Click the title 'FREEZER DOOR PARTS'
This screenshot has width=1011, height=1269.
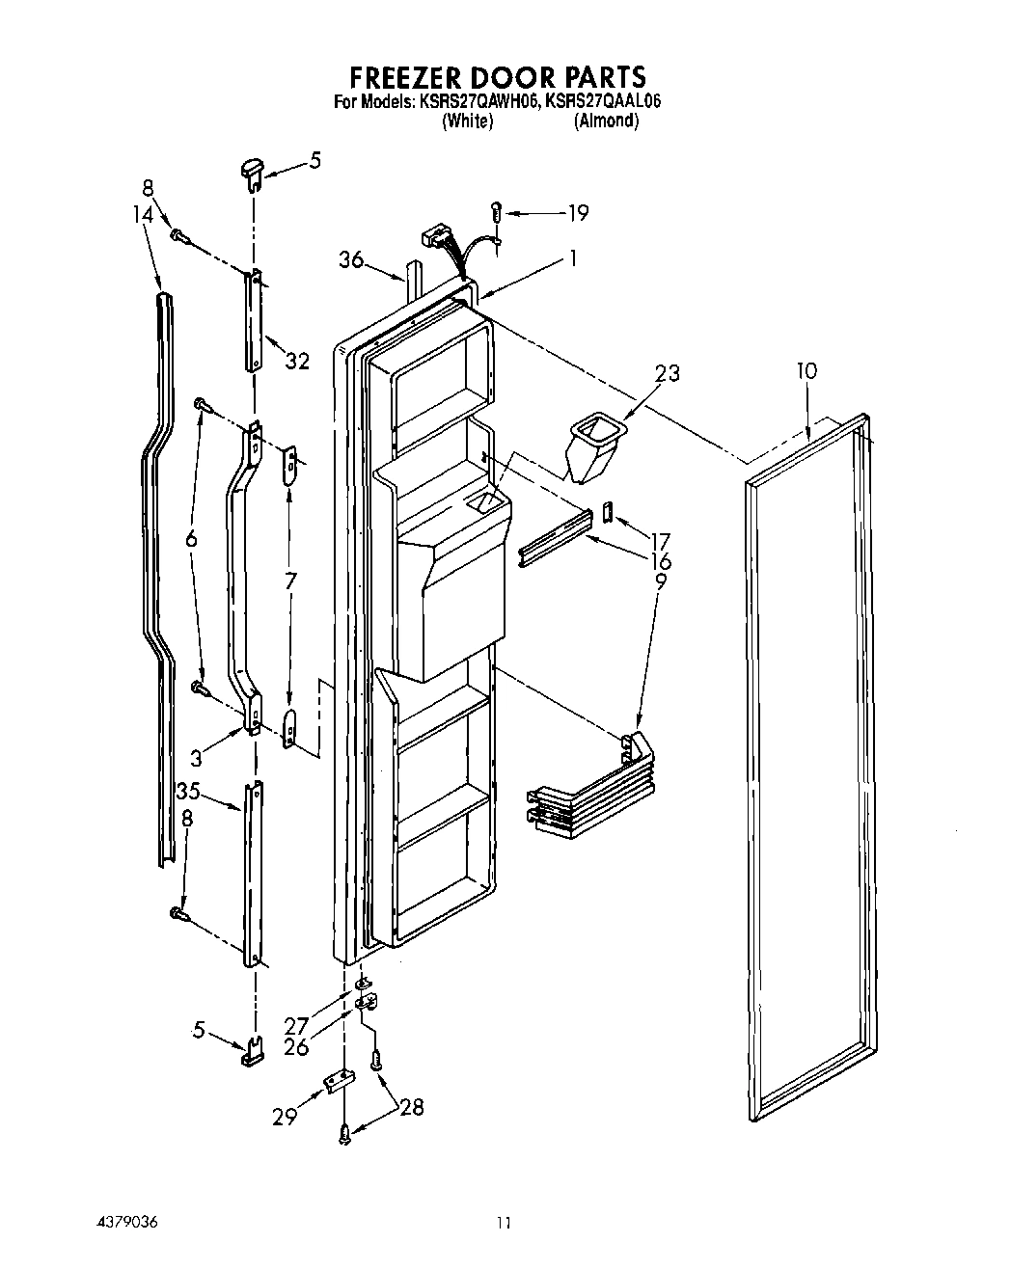(x=497, y=76)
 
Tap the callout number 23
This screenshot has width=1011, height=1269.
(x=667, y=372)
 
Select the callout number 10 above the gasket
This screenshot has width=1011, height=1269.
(x=806, y=371)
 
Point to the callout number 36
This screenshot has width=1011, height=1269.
(x=351, y=259)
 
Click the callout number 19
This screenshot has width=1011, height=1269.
(x=578, y=213)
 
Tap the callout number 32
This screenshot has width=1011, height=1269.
(x=297, y=361)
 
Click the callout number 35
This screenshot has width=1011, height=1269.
(x=188, y=792)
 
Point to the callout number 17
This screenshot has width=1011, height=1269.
(x=660, y=541)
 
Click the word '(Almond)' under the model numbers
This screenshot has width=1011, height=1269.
(x=606, y=121)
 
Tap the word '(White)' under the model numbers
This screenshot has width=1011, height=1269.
(x=467, y=121)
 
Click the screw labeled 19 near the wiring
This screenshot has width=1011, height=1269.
(x=496, y=209)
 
